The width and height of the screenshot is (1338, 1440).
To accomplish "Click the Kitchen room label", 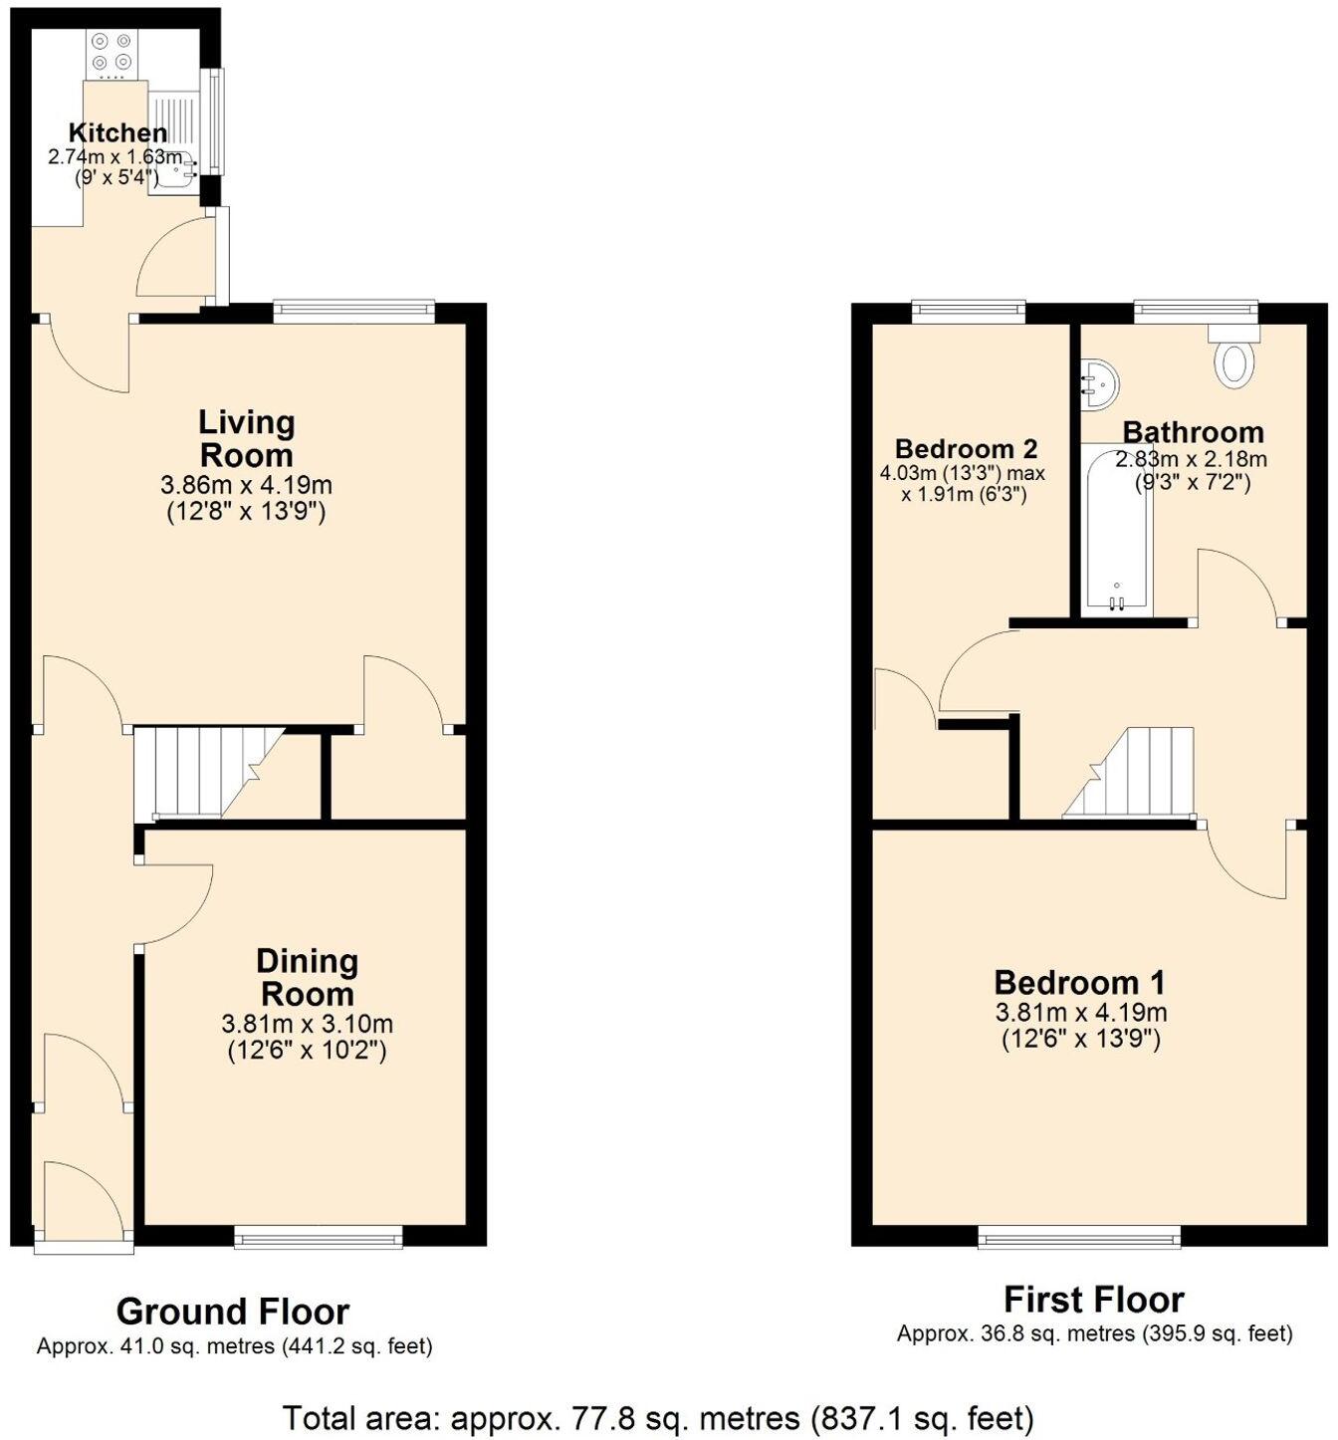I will coord(117,132).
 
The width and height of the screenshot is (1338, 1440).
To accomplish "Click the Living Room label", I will coord(246,438).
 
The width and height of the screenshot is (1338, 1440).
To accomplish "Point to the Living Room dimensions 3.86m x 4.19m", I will coord(246,486).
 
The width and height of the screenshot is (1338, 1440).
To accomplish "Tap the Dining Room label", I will coord(307,977).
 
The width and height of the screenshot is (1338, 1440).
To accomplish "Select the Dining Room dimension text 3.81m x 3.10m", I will coord(307,1024).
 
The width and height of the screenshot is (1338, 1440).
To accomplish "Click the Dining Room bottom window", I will coord(319,1238).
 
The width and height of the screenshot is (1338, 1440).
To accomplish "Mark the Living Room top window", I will coord(354,311).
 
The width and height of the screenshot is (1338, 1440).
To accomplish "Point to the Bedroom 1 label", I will coord(1079,983).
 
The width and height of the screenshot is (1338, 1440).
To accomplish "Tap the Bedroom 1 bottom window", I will coord(1079,1238).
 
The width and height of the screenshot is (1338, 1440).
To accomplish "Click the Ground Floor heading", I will coord(233,1312).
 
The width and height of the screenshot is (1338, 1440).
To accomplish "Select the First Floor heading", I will coord(1093,1300).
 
